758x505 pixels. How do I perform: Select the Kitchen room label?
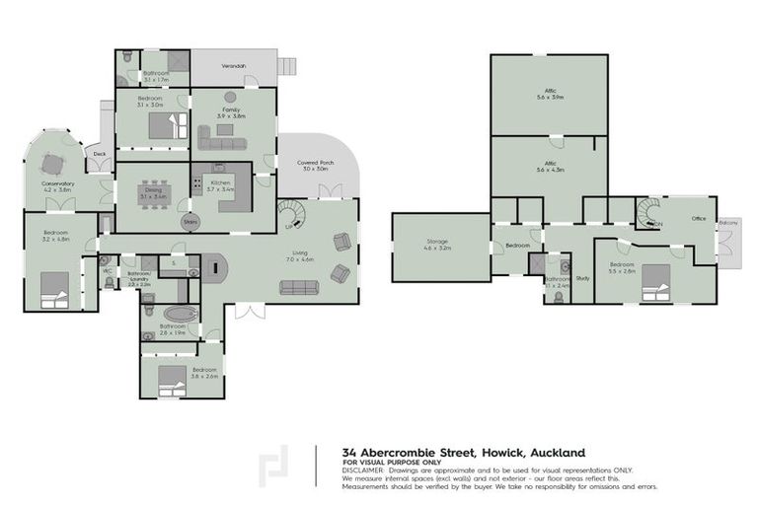pyautogui.click(x=220, y=184)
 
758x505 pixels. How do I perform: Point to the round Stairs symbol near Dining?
pyautogui.click(x=190, y=223)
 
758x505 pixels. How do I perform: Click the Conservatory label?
pyautogui.click(x=59, y=186)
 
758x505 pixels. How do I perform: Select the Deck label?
pyautogui.click(x=100, y=155)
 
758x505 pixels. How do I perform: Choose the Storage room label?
pyautogui.click(x=436, y=243)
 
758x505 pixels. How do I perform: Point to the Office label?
pyautogui.click(x=699, y=219)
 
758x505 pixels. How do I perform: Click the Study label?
pyautogui.click(x=582, y=278)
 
